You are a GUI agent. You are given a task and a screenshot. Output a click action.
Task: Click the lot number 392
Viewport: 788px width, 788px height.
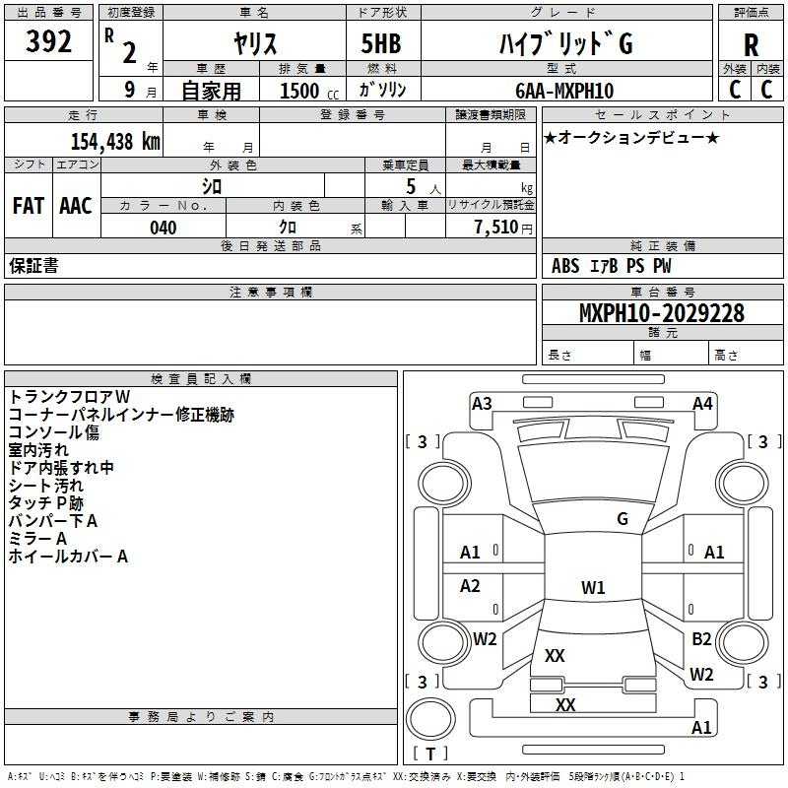[48, 41]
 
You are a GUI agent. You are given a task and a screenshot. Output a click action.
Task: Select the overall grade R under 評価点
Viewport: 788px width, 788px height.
[751, 45]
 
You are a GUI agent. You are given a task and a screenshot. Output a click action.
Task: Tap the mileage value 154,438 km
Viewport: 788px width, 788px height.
[115, 141]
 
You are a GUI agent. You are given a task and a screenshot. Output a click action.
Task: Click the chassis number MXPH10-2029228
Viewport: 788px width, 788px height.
[662, 312]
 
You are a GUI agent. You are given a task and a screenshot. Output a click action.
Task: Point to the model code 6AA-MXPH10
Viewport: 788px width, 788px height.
[564, 91]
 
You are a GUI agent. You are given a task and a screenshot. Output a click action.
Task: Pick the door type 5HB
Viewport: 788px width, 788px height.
[381, 43]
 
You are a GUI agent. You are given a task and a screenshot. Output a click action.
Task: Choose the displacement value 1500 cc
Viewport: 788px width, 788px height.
[309, 91]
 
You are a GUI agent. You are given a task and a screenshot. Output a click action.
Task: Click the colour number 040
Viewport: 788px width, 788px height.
[164, 228]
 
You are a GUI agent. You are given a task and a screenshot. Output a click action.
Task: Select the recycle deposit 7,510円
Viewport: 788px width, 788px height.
[503, 228]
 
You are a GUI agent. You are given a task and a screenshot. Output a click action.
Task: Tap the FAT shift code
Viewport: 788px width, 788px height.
[29, 206]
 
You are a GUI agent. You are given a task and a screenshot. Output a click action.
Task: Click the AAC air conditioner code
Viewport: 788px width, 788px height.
[76, 206]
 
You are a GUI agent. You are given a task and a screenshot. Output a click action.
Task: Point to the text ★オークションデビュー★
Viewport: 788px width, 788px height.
[631, 137]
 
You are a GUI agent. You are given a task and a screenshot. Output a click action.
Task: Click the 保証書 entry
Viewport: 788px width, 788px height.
[33, 265]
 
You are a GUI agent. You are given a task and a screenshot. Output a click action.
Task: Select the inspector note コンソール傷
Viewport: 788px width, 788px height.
[54, 432]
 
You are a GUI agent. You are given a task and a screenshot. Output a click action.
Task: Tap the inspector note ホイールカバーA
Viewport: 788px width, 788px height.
[68, 557]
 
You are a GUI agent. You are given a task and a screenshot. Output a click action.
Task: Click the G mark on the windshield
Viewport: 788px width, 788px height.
[623, 518]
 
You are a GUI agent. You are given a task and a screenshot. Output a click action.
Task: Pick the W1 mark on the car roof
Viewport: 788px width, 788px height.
[593, 587]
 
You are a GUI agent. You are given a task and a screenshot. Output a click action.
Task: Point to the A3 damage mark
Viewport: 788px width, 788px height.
[482, 404]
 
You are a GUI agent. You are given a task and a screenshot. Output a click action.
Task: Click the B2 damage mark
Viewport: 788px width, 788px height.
[701, 638]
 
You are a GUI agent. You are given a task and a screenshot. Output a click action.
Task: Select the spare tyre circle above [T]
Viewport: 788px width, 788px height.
[430, 719]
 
